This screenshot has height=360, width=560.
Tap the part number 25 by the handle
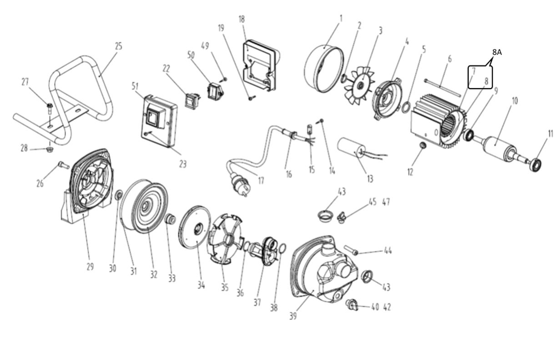pyautogui.click(x=118, y=46)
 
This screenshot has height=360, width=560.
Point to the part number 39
pyautogui.click(x=293, y=316)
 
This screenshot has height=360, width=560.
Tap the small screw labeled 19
pyautogui.click(x=250, y=97)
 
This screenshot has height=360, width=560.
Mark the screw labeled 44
pyautogui.click(x=353, y=250)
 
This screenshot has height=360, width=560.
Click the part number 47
pyautogui.click(x=386, y=202)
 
